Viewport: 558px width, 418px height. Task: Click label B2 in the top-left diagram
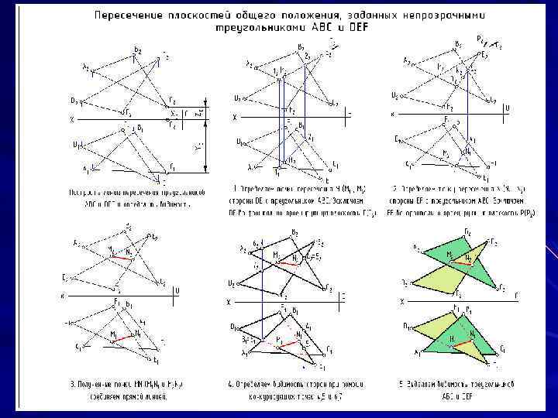[137, 50]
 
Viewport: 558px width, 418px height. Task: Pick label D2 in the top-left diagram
[74, 100]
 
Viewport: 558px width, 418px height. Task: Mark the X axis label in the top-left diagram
[71, 120]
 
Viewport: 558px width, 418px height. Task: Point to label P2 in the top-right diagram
[481, 38]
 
